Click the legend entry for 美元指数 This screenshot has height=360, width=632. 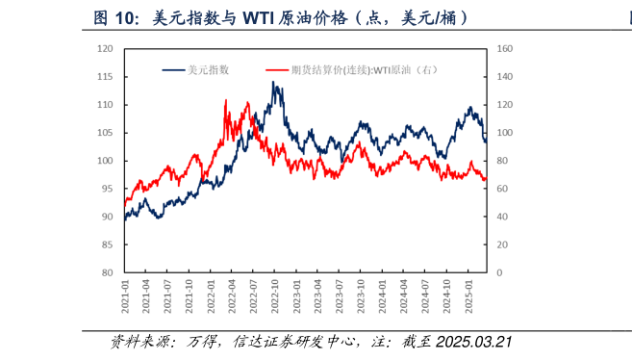tap(203, 69)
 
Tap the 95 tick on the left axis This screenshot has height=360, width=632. tap(110, 189)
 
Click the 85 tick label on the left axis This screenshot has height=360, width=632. tap(110, 244)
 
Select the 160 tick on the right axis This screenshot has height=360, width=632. tap(505, 48)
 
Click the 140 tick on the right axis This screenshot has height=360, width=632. tap(505, 76)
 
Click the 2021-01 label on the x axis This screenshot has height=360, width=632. tap(125, 294)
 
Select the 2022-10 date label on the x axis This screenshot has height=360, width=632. tap(275, 294)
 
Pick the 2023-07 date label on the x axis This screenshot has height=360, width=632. tap(339, 294)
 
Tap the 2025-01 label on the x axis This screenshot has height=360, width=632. tap(468, 294)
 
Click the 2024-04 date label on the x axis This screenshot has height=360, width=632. tap(403, 294)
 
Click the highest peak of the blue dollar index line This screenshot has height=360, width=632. tap(275, 83)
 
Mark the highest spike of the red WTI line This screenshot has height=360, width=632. tap(226, 100)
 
